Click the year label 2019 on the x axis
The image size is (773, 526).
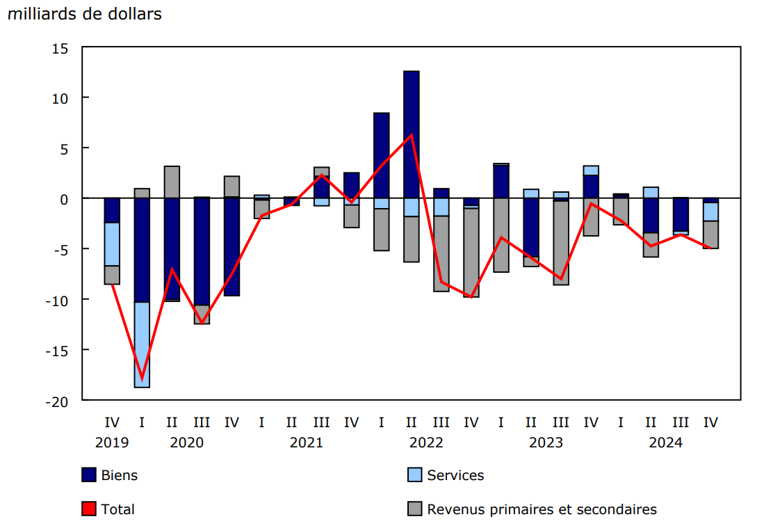point(113,443)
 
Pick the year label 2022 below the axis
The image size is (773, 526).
point(426,443)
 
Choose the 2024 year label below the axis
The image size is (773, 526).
point(665,443)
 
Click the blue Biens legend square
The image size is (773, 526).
point(89,475)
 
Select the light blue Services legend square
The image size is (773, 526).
point(415,475)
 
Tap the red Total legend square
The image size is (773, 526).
point(89,509)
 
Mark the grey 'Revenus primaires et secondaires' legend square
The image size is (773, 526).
point(415,509)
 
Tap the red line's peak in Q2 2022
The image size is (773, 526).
point(411,135)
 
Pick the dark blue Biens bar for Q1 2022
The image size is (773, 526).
point(381,155)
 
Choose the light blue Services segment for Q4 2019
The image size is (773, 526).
point(112,244)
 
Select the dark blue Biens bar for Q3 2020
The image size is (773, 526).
point(202,251)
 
